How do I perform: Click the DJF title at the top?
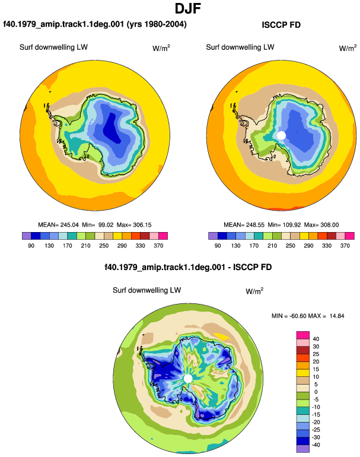[188, 8]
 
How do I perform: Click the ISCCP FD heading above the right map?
[281, 25]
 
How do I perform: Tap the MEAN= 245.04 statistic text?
[58, 225]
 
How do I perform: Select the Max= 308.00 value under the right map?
[321, 225]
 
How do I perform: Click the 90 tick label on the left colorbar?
[31, 246]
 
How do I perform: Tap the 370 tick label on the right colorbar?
[345, 246]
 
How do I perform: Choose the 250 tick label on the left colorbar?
[104, 246]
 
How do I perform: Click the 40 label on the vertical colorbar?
[316, 339]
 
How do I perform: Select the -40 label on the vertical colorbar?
[316, 445]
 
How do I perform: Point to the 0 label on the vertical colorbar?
[316, 392]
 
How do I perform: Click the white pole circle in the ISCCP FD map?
[281, 135]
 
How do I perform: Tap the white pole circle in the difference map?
[188, 379]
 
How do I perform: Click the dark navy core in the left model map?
[112, 128]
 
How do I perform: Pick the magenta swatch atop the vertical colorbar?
[303, 335]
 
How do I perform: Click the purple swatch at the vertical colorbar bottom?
[303, 449]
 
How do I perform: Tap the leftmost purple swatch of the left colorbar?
[27, 236]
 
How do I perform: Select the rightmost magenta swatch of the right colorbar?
[350, 236]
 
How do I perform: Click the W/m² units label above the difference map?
[254, 291]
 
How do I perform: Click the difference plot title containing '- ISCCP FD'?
[188, 267]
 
